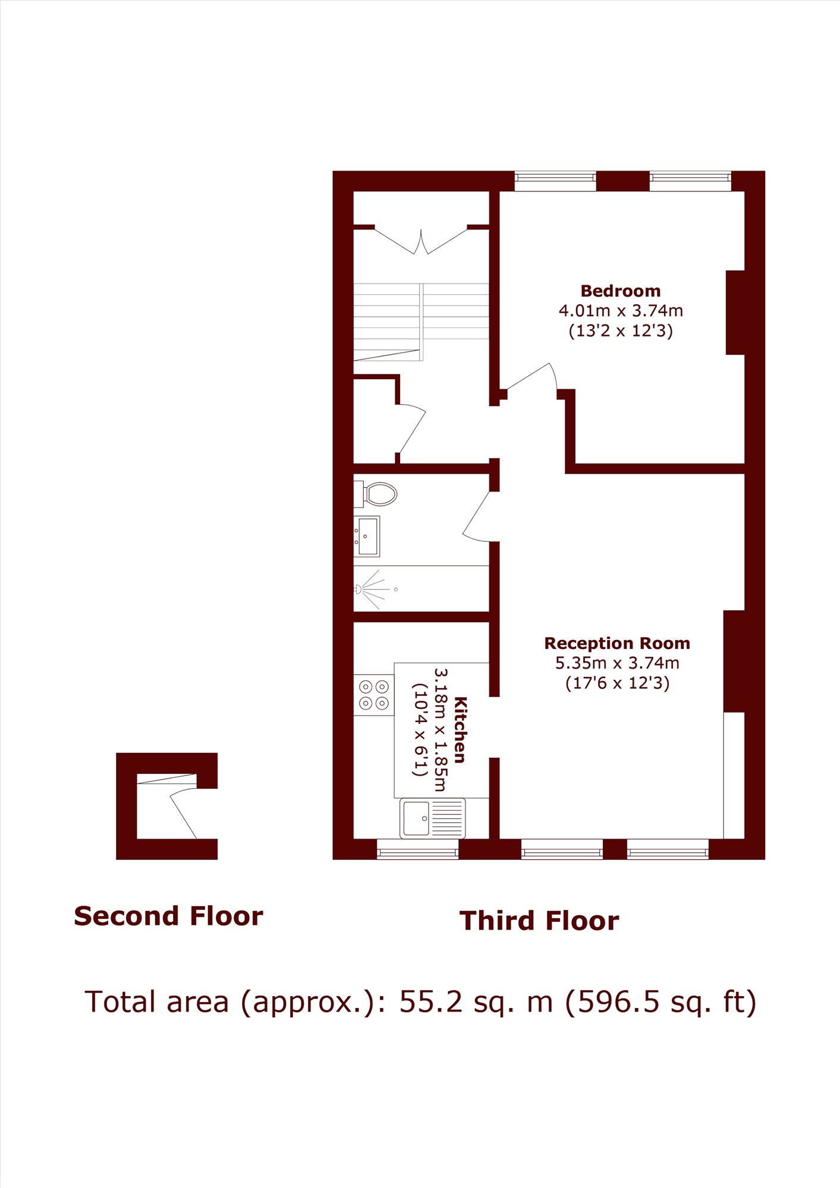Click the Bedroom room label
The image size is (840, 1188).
coord(620,291)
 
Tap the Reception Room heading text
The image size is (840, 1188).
coord(617,643)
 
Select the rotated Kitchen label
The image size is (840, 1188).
coord(460,730)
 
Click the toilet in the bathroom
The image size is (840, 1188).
coord(376,494)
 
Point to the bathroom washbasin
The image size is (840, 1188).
coord(367,537)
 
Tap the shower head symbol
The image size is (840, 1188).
coord(358,590)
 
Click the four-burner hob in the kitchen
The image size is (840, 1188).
coord(374,695)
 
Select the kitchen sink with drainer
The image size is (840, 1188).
coord(432,818)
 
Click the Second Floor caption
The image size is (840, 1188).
coord(168,916)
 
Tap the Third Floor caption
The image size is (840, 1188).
coord(539,921)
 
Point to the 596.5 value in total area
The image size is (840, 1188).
coord(618,1002)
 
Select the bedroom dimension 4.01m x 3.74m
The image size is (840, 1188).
coord(621,311)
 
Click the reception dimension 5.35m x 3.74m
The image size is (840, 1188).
coord(617,663)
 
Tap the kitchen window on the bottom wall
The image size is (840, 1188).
coord(417,849)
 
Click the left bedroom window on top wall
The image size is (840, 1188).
coord(555,181)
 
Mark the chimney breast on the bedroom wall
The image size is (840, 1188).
coord(735,313)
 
